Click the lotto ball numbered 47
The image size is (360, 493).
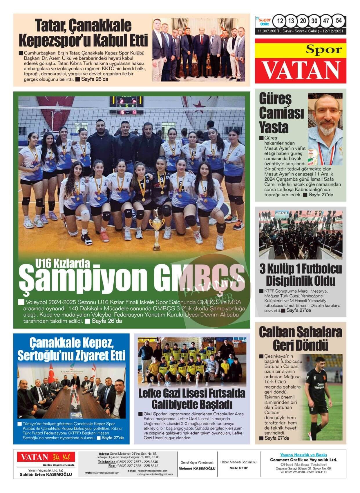pos(326,21)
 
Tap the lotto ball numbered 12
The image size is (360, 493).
pos(280,21)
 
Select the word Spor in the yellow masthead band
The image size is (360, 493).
pos(324,50)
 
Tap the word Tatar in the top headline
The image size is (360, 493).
pos(48,26)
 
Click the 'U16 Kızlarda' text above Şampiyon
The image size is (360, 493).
pos(62,263)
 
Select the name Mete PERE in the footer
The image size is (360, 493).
pos(239,468)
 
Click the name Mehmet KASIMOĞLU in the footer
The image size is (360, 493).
pos(197,468)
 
